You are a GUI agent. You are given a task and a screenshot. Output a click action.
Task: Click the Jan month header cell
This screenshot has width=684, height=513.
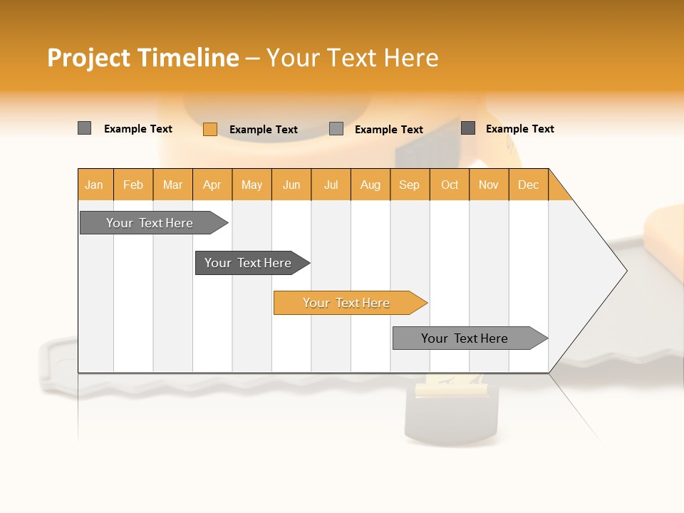[95, 185]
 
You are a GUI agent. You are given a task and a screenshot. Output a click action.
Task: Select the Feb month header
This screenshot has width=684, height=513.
[133, 185]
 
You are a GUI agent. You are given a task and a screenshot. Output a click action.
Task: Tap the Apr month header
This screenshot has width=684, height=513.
[212, 185]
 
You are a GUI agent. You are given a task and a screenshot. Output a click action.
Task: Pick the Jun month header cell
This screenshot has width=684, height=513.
[291, 185]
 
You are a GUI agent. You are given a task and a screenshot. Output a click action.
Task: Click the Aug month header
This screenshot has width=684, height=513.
[370, 185]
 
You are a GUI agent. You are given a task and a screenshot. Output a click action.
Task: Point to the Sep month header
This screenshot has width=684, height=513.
[410, 185]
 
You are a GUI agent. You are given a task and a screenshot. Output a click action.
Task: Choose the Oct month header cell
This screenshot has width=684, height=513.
[450, 185]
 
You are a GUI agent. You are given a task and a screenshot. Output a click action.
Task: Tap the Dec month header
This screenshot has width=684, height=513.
[529, 185]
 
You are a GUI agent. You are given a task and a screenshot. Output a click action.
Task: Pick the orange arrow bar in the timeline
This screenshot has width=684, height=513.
[347, 303]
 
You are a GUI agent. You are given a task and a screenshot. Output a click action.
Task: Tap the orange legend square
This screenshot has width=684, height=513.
[210, 129]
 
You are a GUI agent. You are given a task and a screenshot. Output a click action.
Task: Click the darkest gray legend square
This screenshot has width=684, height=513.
[468, 128]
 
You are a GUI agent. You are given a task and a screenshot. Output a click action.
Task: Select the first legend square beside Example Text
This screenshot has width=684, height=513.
[85, 128]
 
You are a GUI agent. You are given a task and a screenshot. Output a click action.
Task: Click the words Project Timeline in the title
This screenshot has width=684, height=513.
[142, 58]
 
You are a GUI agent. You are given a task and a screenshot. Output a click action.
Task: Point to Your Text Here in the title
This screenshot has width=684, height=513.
[352, 58]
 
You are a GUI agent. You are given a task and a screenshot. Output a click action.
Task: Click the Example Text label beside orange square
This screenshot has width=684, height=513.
[264, 129]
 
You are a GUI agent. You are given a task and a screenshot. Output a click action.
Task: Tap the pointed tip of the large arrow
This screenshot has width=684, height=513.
[625, 271]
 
